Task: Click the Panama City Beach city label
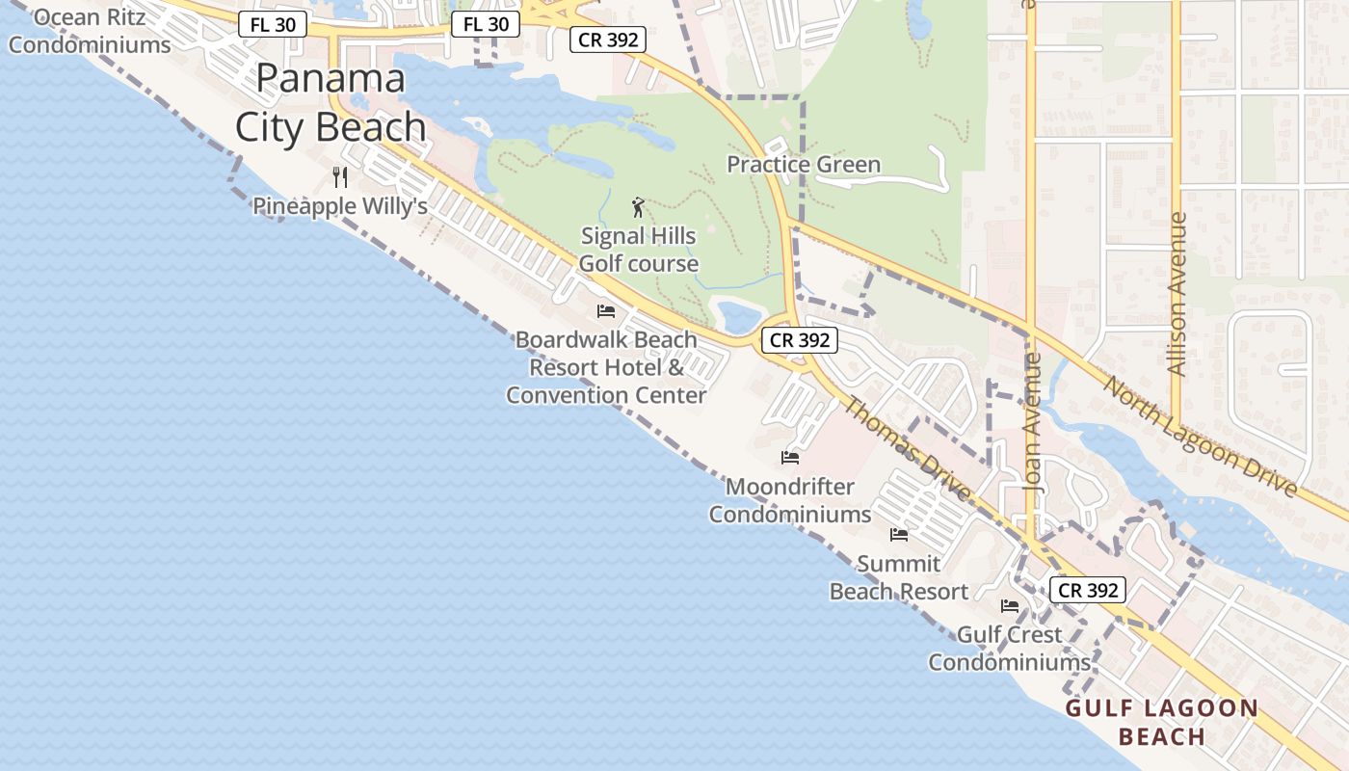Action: tap(331, 102)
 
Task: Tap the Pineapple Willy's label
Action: tap(339, 206)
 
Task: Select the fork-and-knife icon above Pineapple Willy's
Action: tap(339, 176)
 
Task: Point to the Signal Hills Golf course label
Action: tap(638, 250)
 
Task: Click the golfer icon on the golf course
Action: tap(637, 207)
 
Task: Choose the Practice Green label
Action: tap(803, 165)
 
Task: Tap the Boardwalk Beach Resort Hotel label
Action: tap(606, 367)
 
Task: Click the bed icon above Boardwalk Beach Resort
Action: tap(606, 310)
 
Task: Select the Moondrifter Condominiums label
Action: tap(790, 500)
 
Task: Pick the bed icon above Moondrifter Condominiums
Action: tap(790, 457)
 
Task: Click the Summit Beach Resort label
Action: tap(899, 577)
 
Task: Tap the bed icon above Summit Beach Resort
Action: tap(899, 534)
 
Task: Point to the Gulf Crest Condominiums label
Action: tap(1009, 649)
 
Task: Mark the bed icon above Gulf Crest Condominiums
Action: tap(1010, 605)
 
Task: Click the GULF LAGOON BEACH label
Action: tap(1161, 723)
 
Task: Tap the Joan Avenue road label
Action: tap(1033, 423)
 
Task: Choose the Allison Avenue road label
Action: tap(1177, 293)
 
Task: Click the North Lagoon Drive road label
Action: tap(1200, 437)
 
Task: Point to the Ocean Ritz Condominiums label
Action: tap(90, 31)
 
